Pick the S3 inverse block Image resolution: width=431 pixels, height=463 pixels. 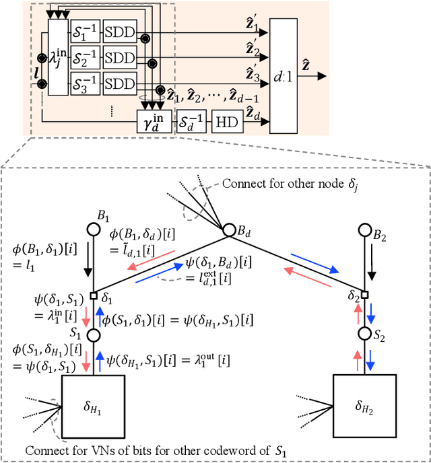tap(85, 83)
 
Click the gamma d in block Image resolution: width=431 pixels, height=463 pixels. tap(155, 122)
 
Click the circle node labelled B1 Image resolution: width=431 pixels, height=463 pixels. tap(94, 227)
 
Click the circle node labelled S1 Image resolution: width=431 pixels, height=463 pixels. tap(94, 334)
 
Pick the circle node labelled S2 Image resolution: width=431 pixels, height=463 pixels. tap(364, 334)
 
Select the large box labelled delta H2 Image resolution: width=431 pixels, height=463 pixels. tap(364, 408)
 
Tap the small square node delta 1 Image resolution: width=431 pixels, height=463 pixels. tap(94, 295)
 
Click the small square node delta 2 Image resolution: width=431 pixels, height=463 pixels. tap(364, 295)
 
